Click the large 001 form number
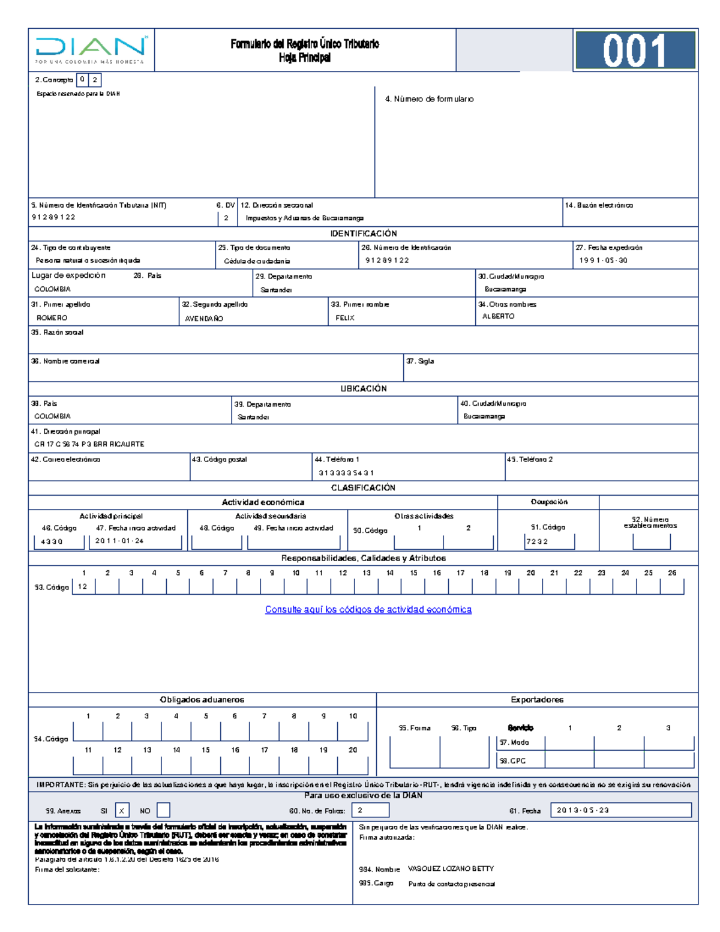point(634,50)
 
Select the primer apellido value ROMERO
point(52,318)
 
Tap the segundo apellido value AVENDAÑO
point(204,319)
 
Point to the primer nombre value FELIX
point(345,318)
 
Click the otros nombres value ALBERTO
point(498,316)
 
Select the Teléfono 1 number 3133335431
point(346,473)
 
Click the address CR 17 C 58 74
point(89,444)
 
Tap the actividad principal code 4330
point(52,541)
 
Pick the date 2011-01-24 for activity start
point(119,541)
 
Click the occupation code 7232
point(537,541)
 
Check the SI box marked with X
point(122,811)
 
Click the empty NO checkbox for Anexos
point(163,811)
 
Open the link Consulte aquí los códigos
point(368,610)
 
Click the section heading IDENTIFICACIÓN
point(364,233)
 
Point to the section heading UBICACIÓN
point(364,389)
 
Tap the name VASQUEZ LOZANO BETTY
point(451,868)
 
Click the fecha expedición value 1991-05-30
point(603,260)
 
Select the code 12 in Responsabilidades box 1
point(83,586)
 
